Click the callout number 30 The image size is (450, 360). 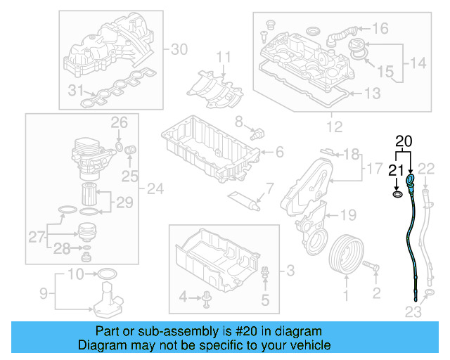pos(180,49)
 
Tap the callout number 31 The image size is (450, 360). pos(76,89)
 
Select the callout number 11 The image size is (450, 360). pos(223,56)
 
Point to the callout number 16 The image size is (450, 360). pos(380,29)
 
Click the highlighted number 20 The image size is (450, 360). pos(404,141)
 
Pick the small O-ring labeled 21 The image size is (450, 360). pos(398,193)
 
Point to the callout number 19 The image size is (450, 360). pos(349,215)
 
